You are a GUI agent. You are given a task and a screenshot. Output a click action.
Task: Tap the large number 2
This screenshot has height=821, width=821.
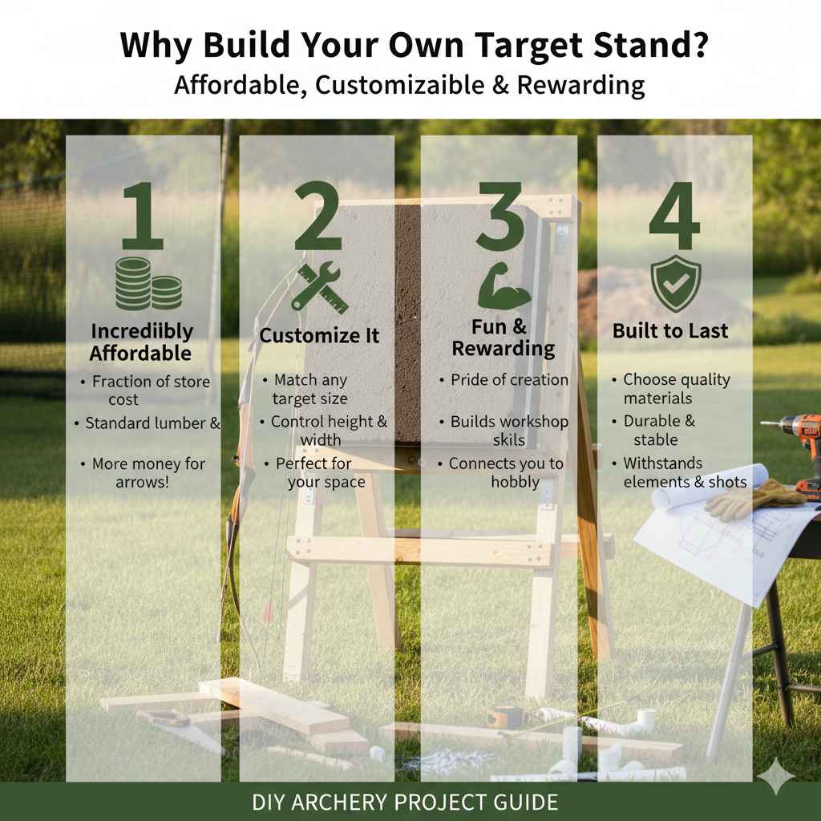pos(318,216)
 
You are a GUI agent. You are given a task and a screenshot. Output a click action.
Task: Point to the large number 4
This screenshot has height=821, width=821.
pos(675,216)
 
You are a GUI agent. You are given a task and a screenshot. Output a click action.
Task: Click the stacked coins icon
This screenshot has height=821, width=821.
pos(148,285)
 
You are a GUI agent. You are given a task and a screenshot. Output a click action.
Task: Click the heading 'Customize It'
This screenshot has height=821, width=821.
pos(319,335)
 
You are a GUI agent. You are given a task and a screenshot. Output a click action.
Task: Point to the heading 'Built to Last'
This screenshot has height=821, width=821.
pos(670,331)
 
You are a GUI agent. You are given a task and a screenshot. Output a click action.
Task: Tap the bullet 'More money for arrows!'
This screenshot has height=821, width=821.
pos(144,473)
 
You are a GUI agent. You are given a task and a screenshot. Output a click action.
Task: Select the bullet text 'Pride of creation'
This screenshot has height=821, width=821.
pos(508,380)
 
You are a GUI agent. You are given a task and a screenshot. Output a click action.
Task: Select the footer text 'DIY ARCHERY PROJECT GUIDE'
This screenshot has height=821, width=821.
pos(405,802)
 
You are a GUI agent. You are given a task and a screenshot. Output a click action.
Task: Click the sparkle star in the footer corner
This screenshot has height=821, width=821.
pos(777,777)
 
